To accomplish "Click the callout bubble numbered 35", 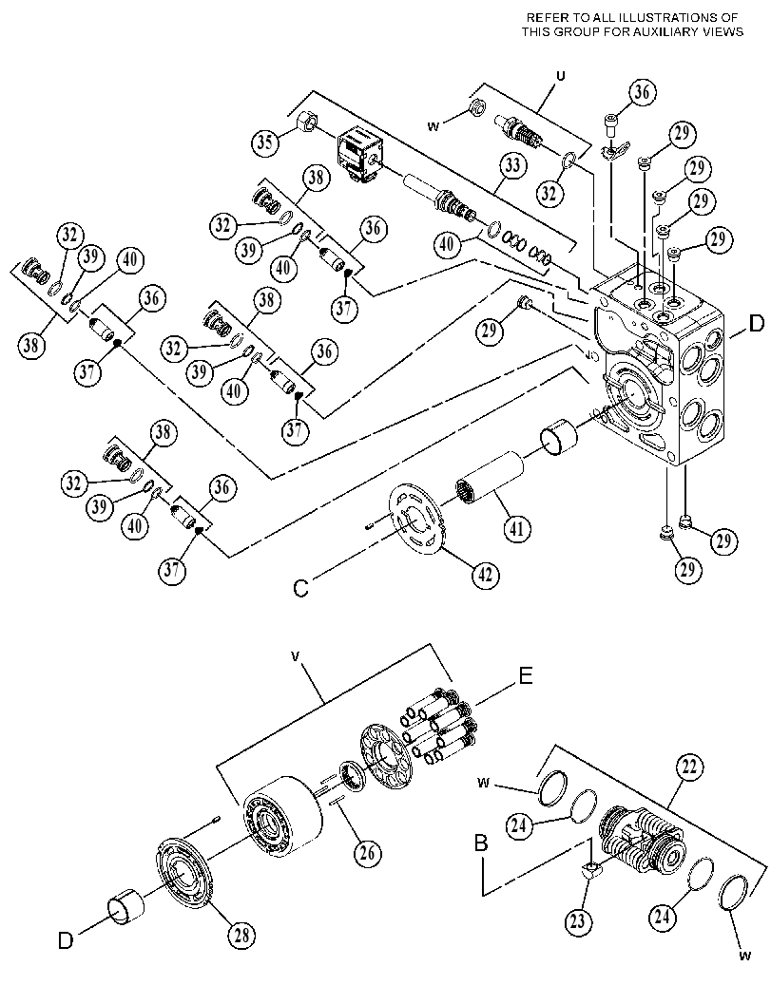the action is point(264,142).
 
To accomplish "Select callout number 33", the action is point(511,166).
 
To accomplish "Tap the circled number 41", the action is point(516,527).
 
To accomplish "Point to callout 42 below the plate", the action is point(485,575).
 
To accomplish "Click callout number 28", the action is point(241,935).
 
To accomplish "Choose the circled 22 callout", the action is point(689,767).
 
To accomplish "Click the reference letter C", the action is point(300,589).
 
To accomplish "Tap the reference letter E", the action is point(526,675).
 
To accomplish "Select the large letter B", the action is point(481,843).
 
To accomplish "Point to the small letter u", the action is point(561,76).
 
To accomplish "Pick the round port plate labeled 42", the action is point(416,517).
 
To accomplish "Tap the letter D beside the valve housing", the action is point(756,324).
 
